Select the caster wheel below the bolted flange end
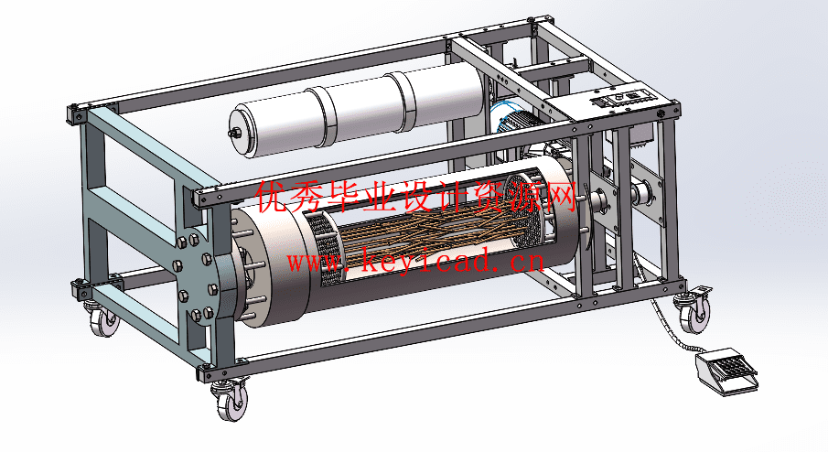[104, 317]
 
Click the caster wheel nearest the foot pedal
[693, 311]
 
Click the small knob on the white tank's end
[231, 132]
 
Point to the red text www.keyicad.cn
[415, 261]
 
